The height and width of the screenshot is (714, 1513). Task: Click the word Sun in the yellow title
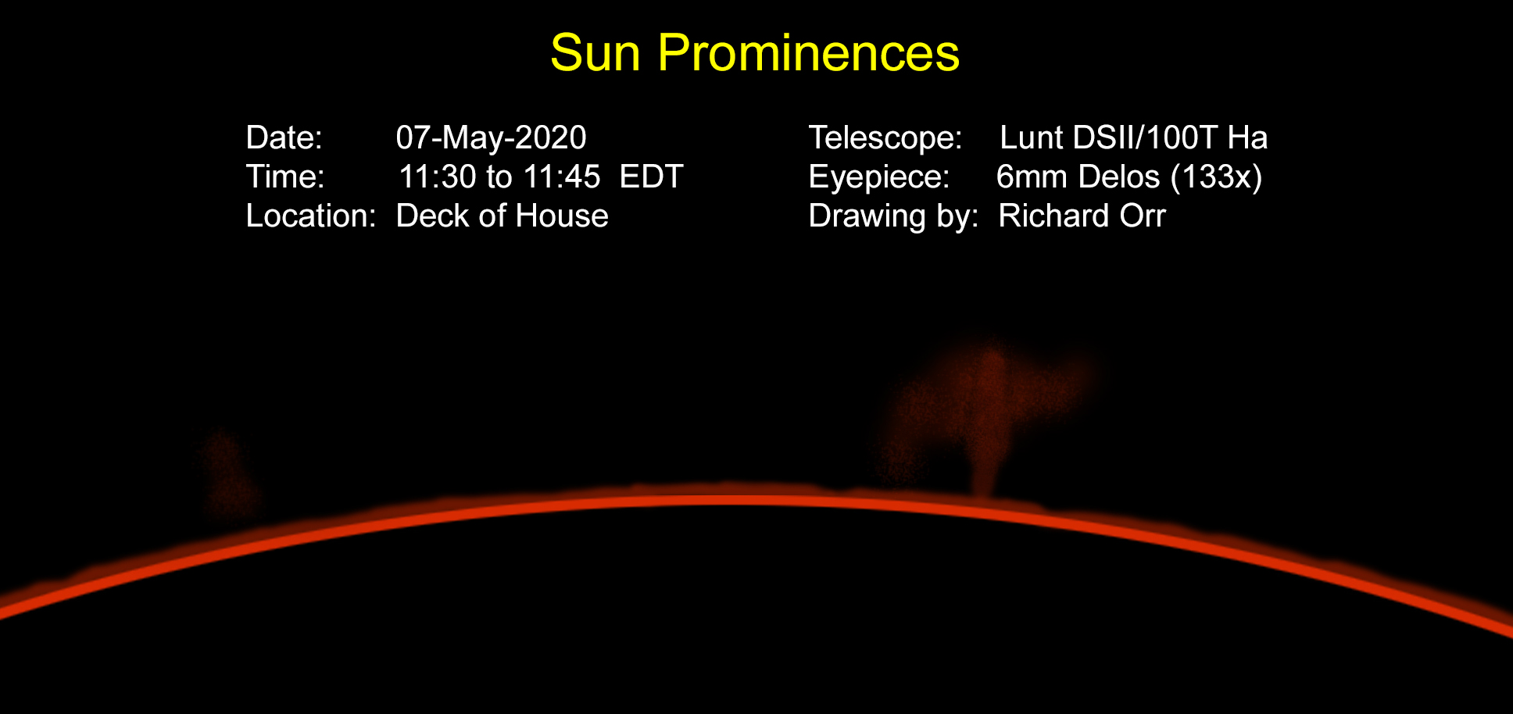[596, 53]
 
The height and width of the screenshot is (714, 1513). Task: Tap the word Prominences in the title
[809, 53]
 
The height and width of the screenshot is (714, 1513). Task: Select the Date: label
[284, 137]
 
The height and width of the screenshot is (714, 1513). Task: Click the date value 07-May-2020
[491, 137]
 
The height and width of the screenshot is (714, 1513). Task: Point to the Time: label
[285, 177]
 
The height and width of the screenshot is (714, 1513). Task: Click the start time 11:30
[437, 177]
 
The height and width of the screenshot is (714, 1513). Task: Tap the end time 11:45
[562, 177]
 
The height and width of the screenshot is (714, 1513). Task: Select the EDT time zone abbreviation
[652, 177]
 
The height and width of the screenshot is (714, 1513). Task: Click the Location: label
[311, 216]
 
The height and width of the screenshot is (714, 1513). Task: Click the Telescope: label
[885, 137]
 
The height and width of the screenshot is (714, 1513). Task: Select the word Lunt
[1032, 137]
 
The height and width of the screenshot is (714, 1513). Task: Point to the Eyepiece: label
[879, 177]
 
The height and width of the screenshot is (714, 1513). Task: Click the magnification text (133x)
[1216, 177]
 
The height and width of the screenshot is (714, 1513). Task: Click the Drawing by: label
[893, 216]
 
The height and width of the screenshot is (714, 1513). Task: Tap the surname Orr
[1143, 216]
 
